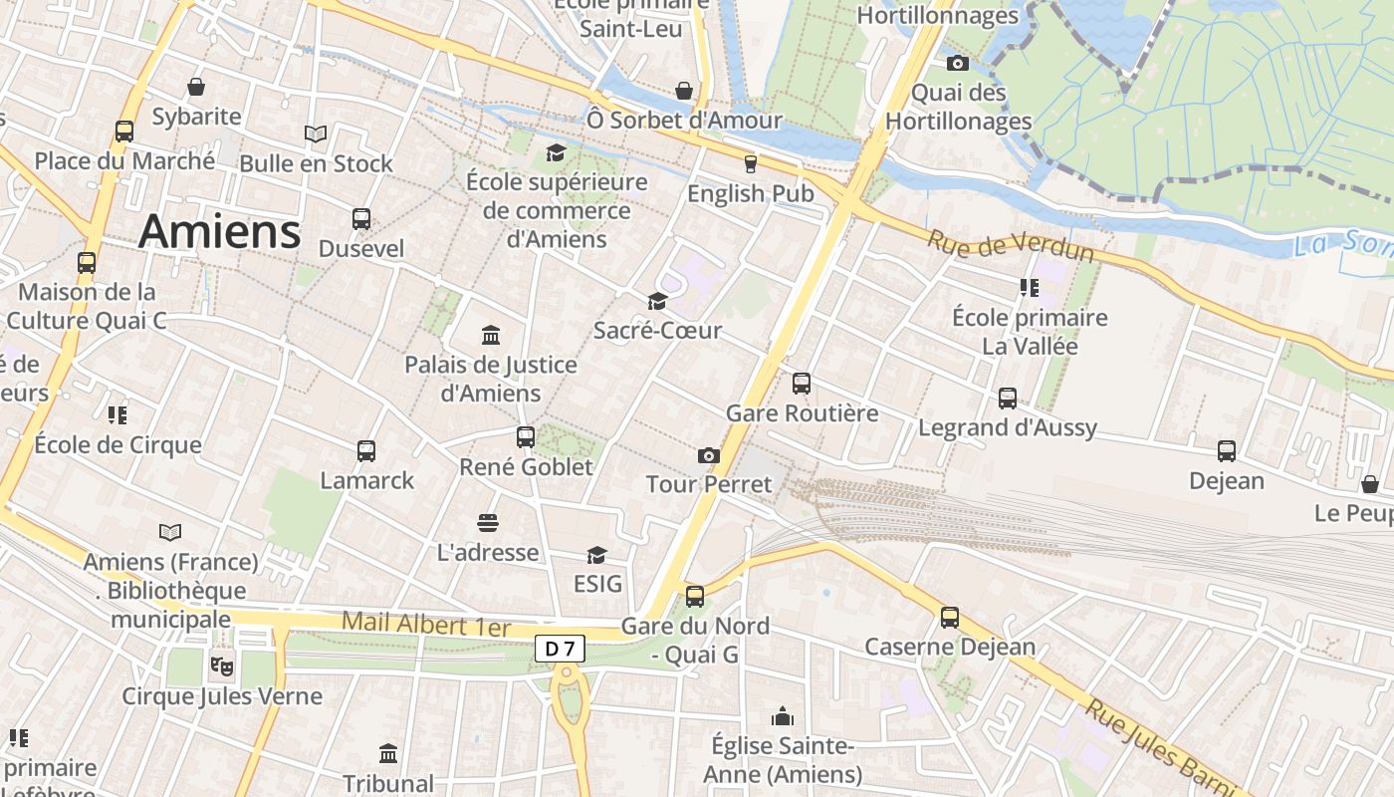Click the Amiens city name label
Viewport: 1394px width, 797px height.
(x=219, y=231)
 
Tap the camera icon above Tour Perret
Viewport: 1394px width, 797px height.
(x=708, y=455)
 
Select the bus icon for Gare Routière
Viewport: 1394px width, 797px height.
(x=802, y=384)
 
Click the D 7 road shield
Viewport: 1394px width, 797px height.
(x=560, y=649)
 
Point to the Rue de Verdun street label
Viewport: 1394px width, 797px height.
(x=1011, y=246)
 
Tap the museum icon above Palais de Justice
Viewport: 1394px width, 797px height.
(x=491, y=335)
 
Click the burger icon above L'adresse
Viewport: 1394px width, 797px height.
(x=488, y=523)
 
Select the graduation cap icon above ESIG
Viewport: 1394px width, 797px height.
(x=596, y=555)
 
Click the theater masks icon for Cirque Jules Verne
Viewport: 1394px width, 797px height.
(x=221, y=664)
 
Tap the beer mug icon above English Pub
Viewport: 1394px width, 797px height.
(x=750, y=163)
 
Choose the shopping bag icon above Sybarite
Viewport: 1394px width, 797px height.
(x=196, y=87)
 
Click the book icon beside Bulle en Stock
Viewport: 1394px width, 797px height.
(x=316, y=133)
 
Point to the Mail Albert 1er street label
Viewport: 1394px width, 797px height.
(x=425, y=625)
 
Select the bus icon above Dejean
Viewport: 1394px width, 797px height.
(x=1227, y=451)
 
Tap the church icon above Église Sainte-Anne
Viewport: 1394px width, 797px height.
(x=783, y=716)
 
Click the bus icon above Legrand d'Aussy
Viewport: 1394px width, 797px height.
(x=1008, y=398)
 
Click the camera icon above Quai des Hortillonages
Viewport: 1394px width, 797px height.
(x=958, y=64)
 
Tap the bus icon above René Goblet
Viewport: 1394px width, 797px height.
(x=526, y=436)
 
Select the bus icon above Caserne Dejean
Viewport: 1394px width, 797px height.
(x=950, y=618)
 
